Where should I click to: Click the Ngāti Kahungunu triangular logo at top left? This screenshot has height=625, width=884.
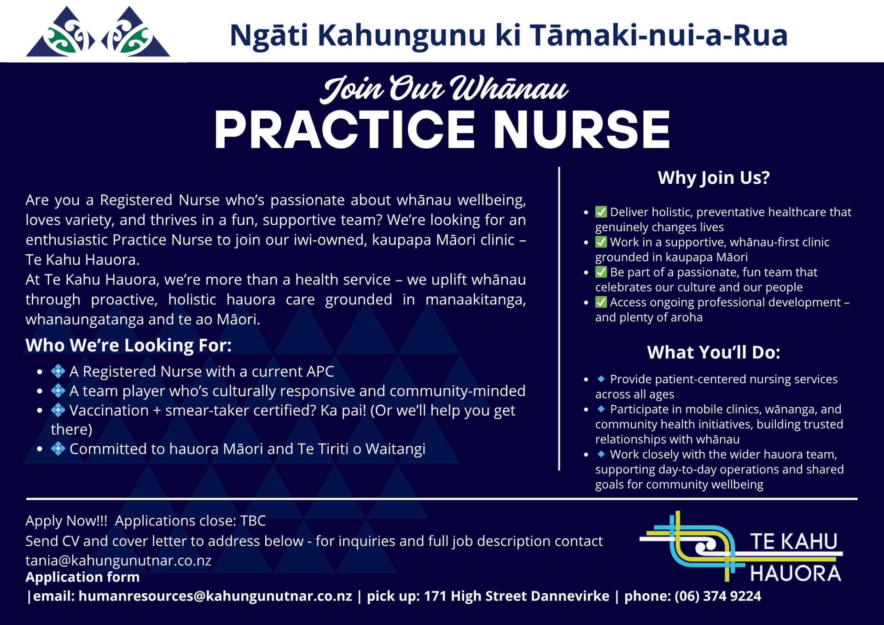[98, 32]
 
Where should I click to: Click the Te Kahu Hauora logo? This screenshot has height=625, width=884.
[741, 547]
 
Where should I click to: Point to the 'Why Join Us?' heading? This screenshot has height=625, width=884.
[714, 178]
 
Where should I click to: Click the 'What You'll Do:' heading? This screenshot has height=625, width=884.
[714, 352]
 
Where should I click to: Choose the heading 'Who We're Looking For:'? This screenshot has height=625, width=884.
[128, 345]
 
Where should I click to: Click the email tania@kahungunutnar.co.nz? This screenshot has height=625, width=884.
[118, 561]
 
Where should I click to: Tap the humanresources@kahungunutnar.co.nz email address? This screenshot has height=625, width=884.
[215, 596]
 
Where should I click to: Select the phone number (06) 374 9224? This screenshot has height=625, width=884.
[718, 596]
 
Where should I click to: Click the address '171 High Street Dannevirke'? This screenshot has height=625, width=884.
[517, 596]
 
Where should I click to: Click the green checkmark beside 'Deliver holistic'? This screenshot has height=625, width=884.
[601, 212]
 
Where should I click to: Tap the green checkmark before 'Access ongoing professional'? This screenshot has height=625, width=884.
[601, 302]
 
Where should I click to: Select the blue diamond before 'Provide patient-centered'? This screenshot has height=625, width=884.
[601, 379]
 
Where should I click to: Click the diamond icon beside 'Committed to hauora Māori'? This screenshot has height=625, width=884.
[58, 448]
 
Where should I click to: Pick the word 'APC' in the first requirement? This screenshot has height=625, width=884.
[320, 371]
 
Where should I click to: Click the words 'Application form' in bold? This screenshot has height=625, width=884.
[82, 577]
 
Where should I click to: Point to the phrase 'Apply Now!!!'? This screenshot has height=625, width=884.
[66, 521]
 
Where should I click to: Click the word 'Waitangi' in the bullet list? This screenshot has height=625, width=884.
[395, 449]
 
